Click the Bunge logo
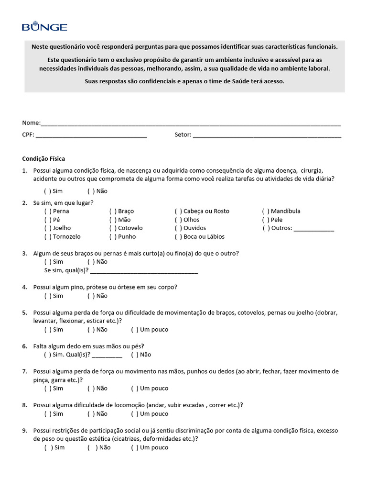click(44, 26)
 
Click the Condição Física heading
click(43, 158)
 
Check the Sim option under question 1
click(47, 191)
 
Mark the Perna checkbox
click(47, 211)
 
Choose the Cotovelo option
click(112, 228)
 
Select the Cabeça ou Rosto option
click(178, 211)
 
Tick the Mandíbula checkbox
click(265, 211)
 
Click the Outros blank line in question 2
click(313, 230)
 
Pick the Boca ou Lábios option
click(178, 237)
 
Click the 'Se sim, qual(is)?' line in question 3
click(143, 272)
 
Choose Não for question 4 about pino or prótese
click(91, 296)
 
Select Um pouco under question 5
click(134, 330)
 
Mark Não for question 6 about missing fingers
click(134, 355)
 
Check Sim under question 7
click(47, 388)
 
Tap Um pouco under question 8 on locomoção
click(134, 414)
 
